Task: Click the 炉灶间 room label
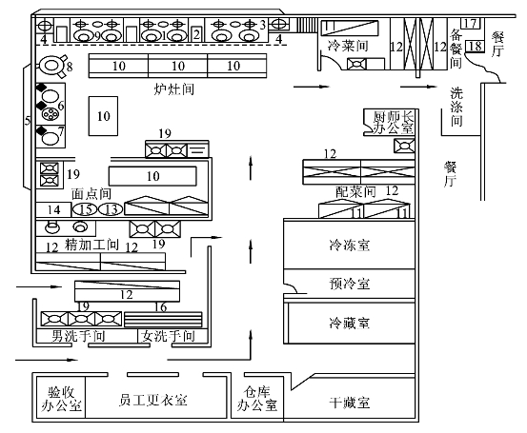[174, 89]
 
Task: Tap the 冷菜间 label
[348, 46]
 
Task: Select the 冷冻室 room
[349, 244]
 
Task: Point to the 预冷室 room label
[350, 284]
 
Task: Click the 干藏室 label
[350, 403]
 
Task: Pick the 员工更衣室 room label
[152, 400]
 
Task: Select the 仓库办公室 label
[257, 399]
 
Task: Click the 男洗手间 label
[78, 336]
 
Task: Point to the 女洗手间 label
[168, 336]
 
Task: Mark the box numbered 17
[471, 24]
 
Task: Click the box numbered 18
[476, 46]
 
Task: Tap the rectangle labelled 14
[53, 209]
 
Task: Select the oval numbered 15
[85, 209]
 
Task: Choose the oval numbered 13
[111, 209]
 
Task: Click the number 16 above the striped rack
[161, 306]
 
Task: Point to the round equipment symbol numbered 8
[51, 66]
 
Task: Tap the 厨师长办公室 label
[393, 123]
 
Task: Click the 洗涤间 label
[456, 107]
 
